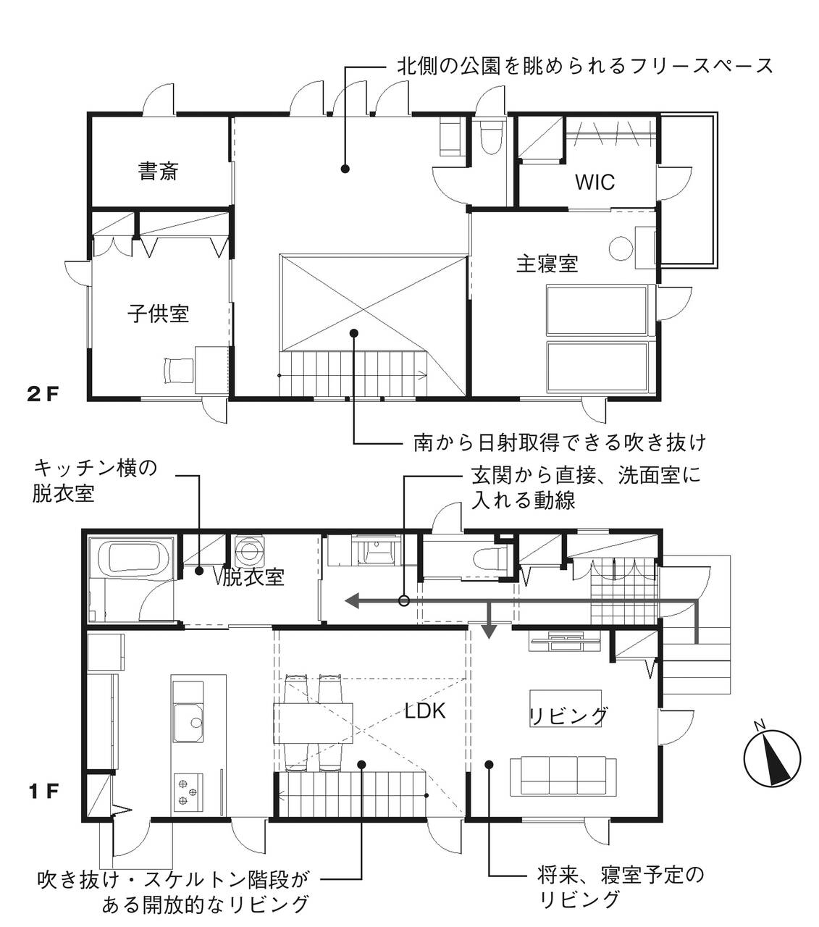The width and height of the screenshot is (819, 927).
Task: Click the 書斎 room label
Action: click(158, 171)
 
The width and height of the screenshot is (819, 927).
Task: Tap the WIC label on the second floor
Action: click(595, 182)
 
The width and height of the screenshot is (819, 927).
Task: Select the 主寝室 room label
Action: click(547, 264)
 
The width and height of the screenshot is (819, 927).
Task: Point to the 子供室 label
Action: click(159, 314)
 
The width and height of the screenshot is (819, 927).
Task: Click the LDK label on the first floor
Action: click(424, 710)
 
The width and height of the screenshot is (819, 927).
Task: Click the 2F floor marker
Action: click(43, 395)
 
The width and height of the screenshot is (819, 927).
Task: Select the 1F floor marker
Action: click(44, 791)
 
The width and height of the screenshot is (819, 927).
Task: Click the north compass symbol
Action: click(772, 758)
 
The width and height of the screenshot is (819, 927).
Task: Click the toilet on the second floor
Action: click(492, 137)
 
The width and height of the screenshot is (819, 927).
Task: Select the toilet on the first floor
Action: click(489, 558)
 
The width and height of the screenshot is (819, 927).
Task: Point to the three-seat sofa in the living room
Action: click(563, 776)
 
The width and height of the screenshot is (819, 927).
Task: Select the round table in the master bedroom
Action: click(621, 248)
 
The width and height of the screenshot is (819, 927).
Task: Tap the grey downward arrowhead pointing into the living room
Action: click(489, 632)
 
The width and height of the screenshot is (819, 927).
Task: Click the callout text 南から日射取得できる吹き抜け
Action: click(560, 442)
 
